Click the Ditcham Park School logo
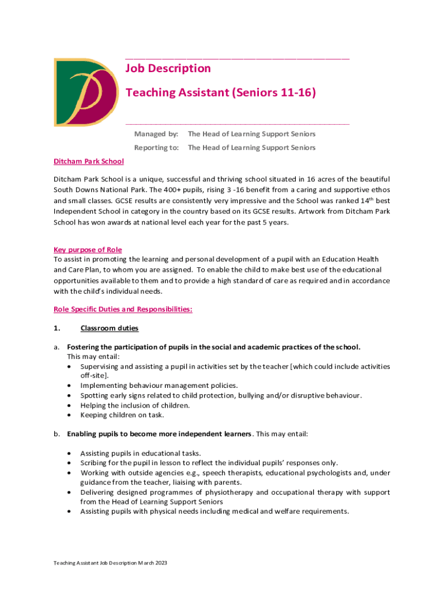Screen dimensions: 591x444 [x=86, y=92]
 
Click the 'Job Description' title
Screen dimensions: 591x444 [x=168, y=69]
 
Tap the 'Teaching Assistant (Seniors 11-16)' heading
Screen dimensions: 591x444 [x=220, y=92]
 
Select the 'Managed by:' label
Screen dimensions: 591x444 [x=156, y=134]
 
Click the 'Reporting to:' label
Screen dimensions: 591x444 [x=156, y=148]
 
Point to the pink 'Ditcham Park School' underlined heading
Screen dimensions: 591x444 [x=89, y=162]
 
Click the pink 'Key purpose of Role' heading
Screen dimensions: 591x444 [x=88, y=250]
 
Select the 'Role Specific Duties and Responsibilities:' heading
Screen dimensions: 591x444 [x=123, y=309]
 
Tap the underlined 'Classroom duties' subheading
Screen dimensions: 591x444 [x=110, y=329]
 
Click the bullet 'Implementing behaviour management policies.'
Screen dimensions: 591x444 [x=159, y=386]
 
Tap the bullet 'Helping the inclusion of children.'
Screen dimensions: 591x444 [x=135, y=405]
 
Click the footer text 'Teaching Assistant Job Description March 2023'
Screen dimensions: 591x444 [x=110, y=563]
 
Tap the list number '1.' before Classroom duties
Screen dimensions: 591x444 [x=57, y=329]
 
